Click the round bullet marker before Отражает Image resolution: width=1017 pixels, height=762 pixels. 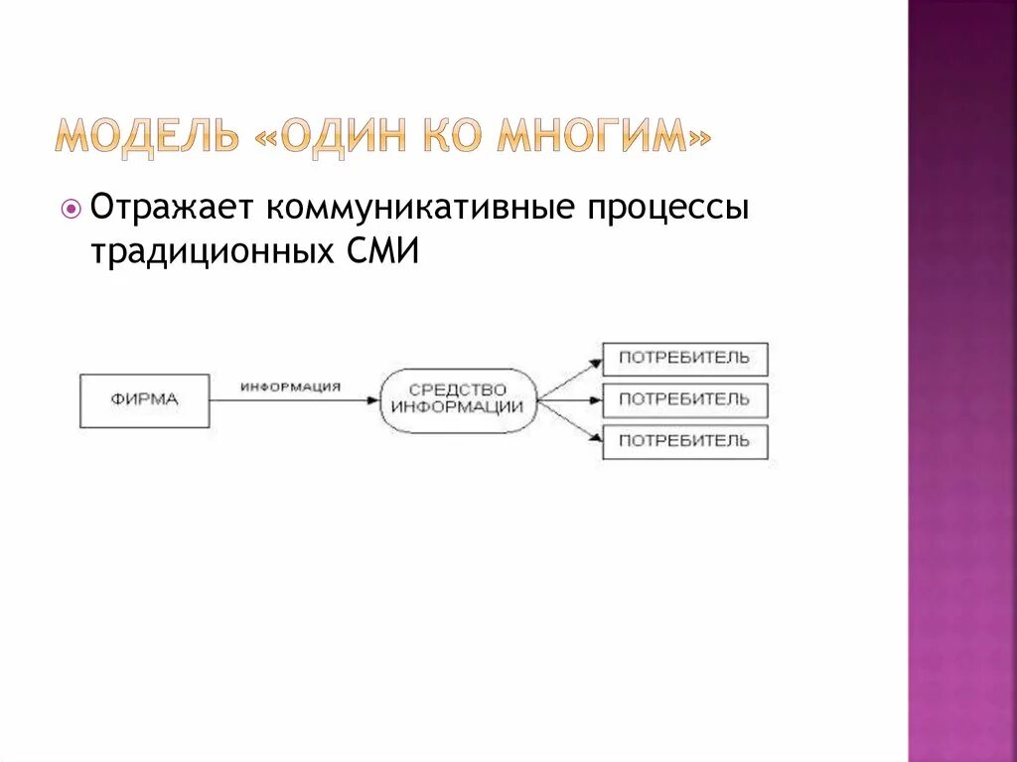pyautogui.click(x=71, y=209)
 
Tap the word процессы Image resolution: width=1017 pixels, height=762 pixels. pyautogui.click(x=664, y=211)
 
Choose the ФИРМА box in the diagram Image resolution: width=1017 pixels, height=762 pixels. pyautogui.click(x=144, y=400)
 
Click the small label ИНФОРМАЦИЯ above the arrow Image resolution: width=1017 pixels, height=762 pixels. pyautogui.click(x=290, y=387)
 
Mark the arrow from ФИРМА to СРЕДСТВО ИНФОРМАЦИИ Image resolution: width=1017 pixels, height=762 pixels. pyautogui.click(x=294, y=400)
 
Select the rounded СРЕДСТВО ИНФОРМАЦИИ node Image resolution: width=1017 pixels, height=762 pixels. pyautogui.click(x=457, y=399)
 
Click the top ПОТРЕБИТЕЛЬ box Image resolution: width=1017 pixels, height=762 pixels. pyautogui.click(x=684, y=359)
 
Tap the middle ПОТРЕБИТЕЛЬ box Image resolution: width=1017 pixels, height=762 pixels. pyautogui.click(x=684, y=399)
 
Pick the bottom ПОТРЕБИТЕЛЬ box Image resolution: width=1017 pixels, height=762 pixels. pyautogui.click(x=684, y=441)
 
